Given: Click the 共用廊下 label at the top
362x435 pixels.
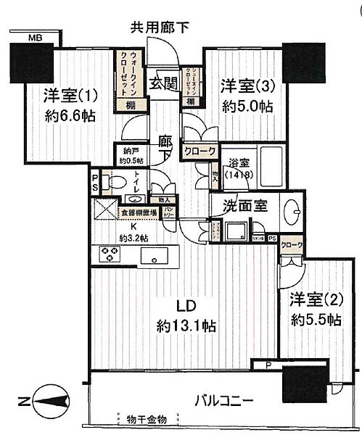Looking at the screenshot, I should (x=160, y=28).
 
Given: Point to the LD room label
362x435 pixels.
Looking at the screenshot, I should (x=184, y=304).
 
